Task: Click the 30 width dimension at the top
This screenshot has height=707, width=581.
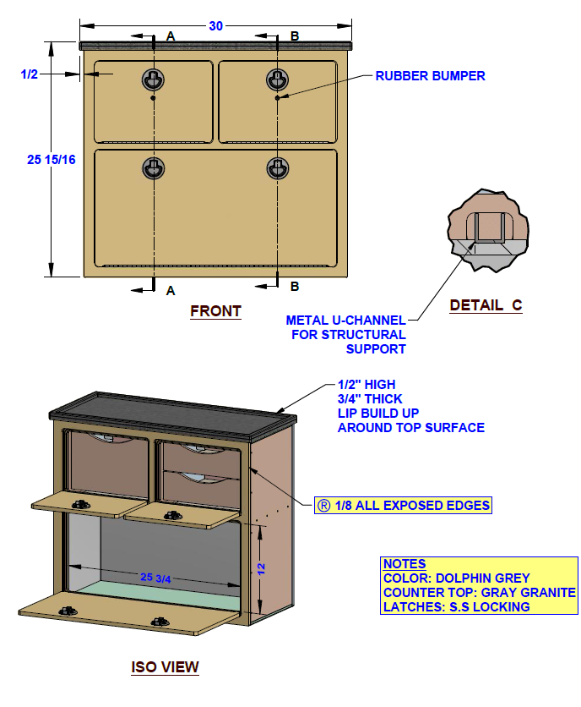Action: coord(216,26)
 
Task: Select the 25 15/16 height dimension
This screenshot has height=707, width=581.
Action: coord(52,159)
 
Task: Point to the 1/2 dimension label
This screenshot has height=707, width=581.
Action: coord(30,74)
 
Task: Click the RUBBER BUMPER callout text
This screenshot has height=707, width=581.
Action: coord(430,76)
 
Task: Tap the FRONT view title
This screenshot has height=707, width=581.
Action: coord(215,311)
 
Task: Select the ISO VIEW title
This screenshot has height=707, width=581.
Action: coord(166,667)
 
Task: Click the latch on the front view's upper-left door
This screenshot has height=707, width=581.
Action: coord(154,79)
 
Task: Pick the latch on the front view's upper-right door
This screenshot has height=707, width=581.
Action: coord(278,79)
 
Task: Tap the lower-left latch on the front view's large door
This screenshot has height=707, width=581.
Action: coord(154,168)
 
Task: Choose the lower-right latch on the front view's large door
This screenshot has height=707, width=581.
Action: coord(278,168)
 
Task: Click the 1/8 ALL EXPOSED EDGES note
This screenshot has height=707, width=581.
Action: coord(402,505)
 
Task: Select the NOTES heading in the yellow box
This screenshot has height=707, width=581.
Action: coord(405,564)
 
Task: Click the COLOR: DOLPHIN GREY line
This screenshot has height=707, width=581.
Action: coord(456,578)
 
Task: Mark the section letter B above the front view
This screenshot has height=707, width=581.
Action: coord(295,36)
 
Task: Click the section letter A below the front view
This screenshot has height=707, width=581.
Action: coord(171,290)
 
